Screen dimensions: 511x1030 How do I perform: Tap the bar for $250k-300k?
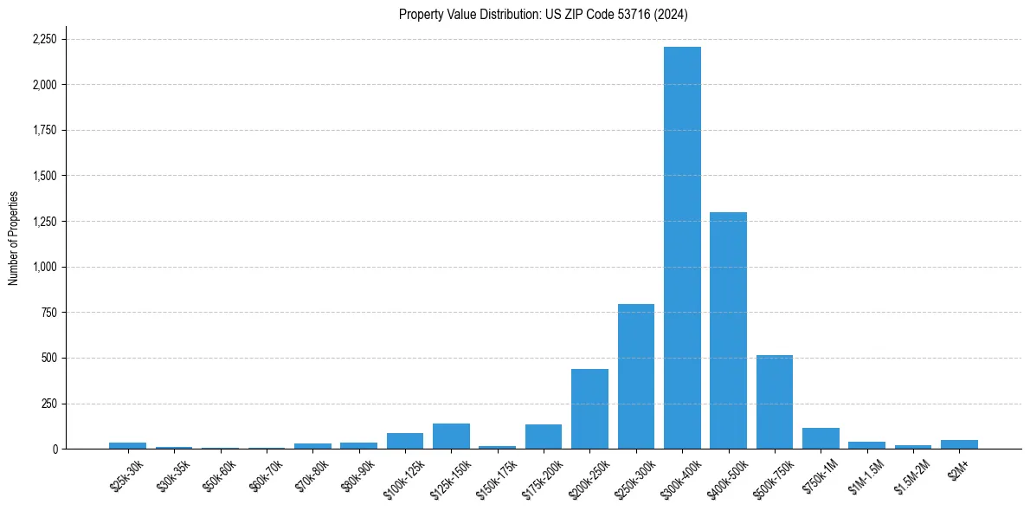point(636,376)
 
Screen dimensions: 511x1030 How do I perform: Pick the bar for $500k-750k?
point(775,402)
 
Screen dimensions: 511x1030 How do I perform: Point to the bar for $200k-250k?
point(589,409)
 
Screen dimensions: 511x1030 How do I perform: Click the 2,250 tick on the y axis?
point(44,39)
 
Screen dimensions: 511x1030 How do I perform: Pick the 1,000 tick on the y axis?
point(44,267)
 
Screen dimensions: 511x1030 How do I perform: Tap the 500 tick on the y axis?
point(49,358)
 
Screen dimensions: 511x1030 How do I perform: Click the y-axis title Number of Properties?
point(13,237)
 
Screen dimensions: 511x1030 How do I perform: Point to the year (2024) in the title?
point(670,14)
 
